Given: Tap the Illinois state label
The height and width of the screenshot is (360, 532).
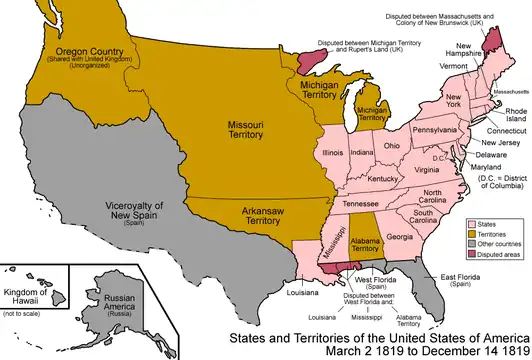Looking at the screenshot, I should (x=335, y=153).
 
